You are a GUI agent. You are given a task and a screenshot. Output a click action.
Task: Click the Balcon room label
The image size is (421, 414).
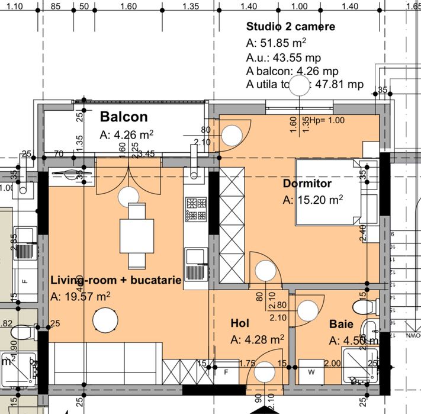123,116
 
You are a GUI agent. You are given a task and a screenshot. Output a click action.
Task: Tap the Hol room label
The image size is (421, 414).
239,323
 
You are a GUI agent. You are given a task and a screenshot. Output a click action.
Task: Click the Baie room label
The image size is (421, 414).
342,325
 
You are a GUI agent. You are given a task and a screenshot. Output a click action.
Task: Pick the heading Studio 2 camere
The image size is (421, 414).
290,27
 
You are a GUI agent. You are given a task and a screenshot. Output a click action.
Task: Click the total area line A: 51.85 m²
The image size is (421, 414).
276,43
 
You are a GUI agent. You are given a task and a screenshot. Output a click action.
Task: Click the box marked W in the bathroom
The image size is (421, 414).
311,373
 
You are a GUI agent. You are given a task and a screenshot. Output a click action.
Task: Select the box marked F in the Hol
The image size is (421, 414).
226,373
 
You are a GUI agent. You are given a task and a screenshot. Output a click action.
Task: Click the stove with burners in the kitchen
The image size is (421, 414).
196,209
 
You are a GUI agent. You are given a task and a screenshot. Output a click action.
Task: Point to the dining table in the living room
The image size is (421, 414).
137,235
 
